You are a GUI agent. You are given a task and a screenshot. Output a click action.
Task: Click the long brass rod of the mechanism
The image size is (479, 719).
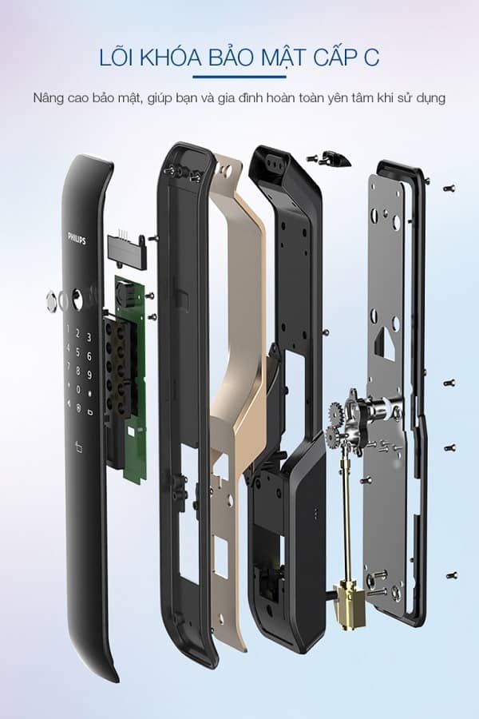(348, 511)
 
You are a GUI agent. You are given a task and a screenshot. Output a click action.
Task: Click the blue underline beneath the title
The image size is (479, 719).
(239, 78)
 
